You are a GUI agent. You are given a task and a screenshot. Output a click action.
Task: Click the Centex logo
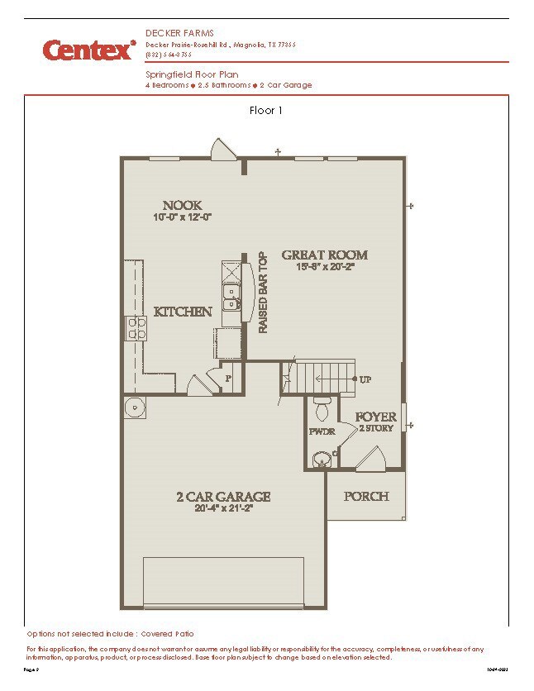[x=89, y=50]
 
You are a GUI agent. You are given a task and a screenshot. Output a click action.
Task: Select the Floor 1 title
[x=266, y=110]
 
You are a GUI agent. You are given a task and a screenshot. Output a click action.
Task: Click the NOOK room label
[x=182, y=205]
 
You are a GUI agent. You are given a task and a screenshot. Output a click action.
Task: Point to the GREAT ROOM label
[x=324, y=255]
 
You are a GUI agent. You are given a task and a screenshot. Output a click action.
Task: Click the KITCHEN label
[x=183, y=312]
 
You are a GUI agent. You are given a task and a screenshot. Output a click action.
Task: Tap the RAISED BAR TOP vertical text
[x=264, y=293]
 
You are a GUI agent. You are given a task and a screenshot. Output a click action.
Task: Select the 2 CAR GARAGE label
[x=223, y=497]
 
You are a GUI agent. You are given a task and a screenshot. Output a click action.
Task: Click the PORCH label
[x=365, y=496]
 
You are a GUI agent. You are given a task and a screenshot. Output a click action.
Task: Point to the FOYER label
[x=376, y=417]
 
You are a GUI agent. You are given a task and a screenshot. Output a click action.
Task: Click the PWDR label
[x=321, y=431]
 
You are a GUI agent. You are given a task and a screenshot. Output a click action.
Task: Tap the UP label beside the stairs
[x=365, y=379]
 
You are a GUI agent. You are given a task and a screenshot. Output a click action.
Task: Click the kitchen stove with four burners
[x=136, y=328]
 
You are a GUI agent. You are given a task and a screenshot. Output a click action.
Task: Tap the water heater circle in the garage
[x=136, y=407]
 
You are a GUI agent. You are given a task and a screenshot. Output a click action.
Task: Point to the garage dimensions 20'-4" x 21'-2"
[x=223, y=508]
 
